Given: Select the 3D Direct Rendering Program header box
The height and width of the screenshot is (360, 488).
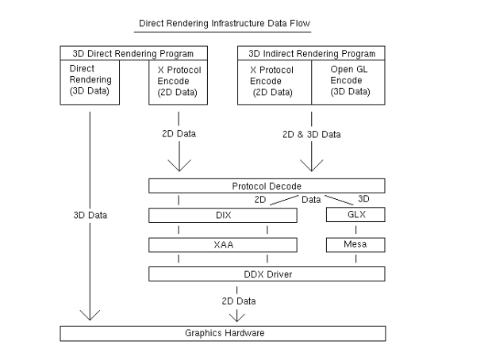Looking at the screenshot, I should point(133,54).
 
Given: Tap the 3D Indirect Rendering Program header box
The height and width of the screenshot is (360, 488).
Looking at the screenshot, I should point(312,54).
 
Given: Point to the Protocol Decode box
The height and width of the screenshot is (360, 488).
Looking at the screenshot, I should point(267,186).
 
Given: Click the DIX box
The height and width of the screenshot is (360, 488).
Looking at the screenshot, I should point(223,215).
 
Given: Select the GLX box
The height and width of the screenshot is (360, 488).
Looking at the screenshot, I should point(355,215).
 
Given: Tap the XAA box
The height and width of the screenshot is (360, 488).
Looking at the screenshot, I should point(223,245).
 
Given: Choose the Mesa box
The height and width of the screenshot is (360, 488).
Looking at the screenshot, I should point(355,245).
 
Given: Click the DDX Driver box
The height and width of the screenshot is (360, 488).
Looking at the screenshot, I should point(267,274).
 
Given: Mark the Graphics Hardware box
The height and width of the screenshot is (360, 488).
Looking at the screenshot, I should point(223,333).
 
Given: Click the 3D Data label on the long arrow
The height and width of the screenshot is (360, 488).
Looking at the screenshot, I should point(90,215).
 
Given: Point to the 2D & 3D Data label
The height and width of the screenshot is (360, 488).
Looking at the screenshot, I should point(312,135).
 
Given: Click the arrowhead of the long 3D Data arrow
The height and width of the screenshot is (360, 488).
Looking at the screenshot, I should point(90,316).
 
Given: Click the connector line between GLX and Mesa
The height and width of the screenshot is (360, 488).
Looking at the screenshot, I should point(355,230).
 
